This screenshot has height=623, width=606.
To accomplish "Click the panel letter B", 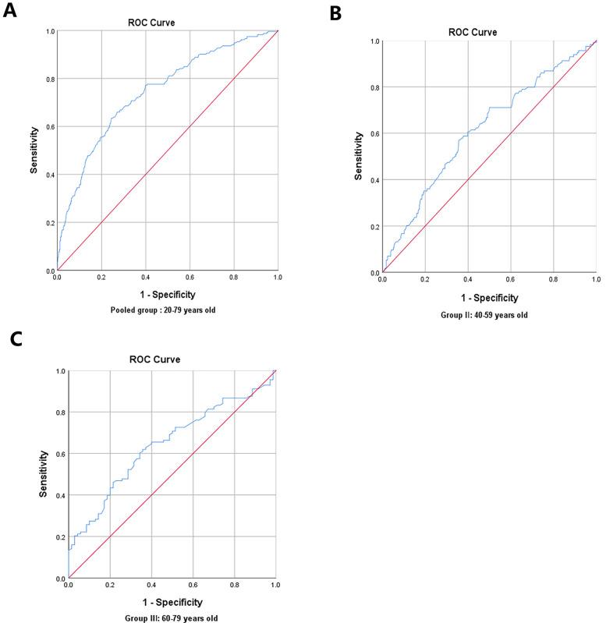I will (336, 12).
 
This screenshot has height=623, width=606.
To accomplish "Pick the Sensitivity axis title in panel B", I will (358, 156).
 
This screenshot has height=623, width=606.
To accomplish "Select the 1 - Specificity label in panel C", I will (172, 602).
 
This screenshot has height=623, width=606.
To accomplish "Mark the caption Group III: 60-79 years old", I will (172, 618).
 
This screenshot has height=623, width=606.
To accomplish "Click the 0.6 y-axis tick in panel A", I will (49, 126).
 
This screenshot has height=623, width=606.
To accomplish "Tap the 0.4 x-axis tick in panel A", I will (145, 277).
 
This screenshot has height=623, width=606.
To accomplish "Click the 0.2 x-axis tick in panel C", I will (110, 585).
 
